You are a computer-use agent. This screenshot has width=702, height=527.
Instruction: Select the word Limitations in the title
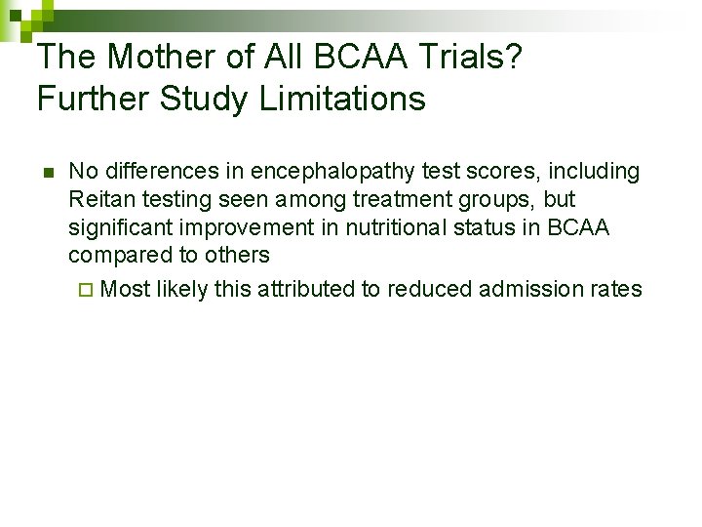tap(342, 99)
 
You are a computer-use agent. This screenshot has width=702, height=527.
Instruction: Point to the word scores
tap(507, 172)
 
